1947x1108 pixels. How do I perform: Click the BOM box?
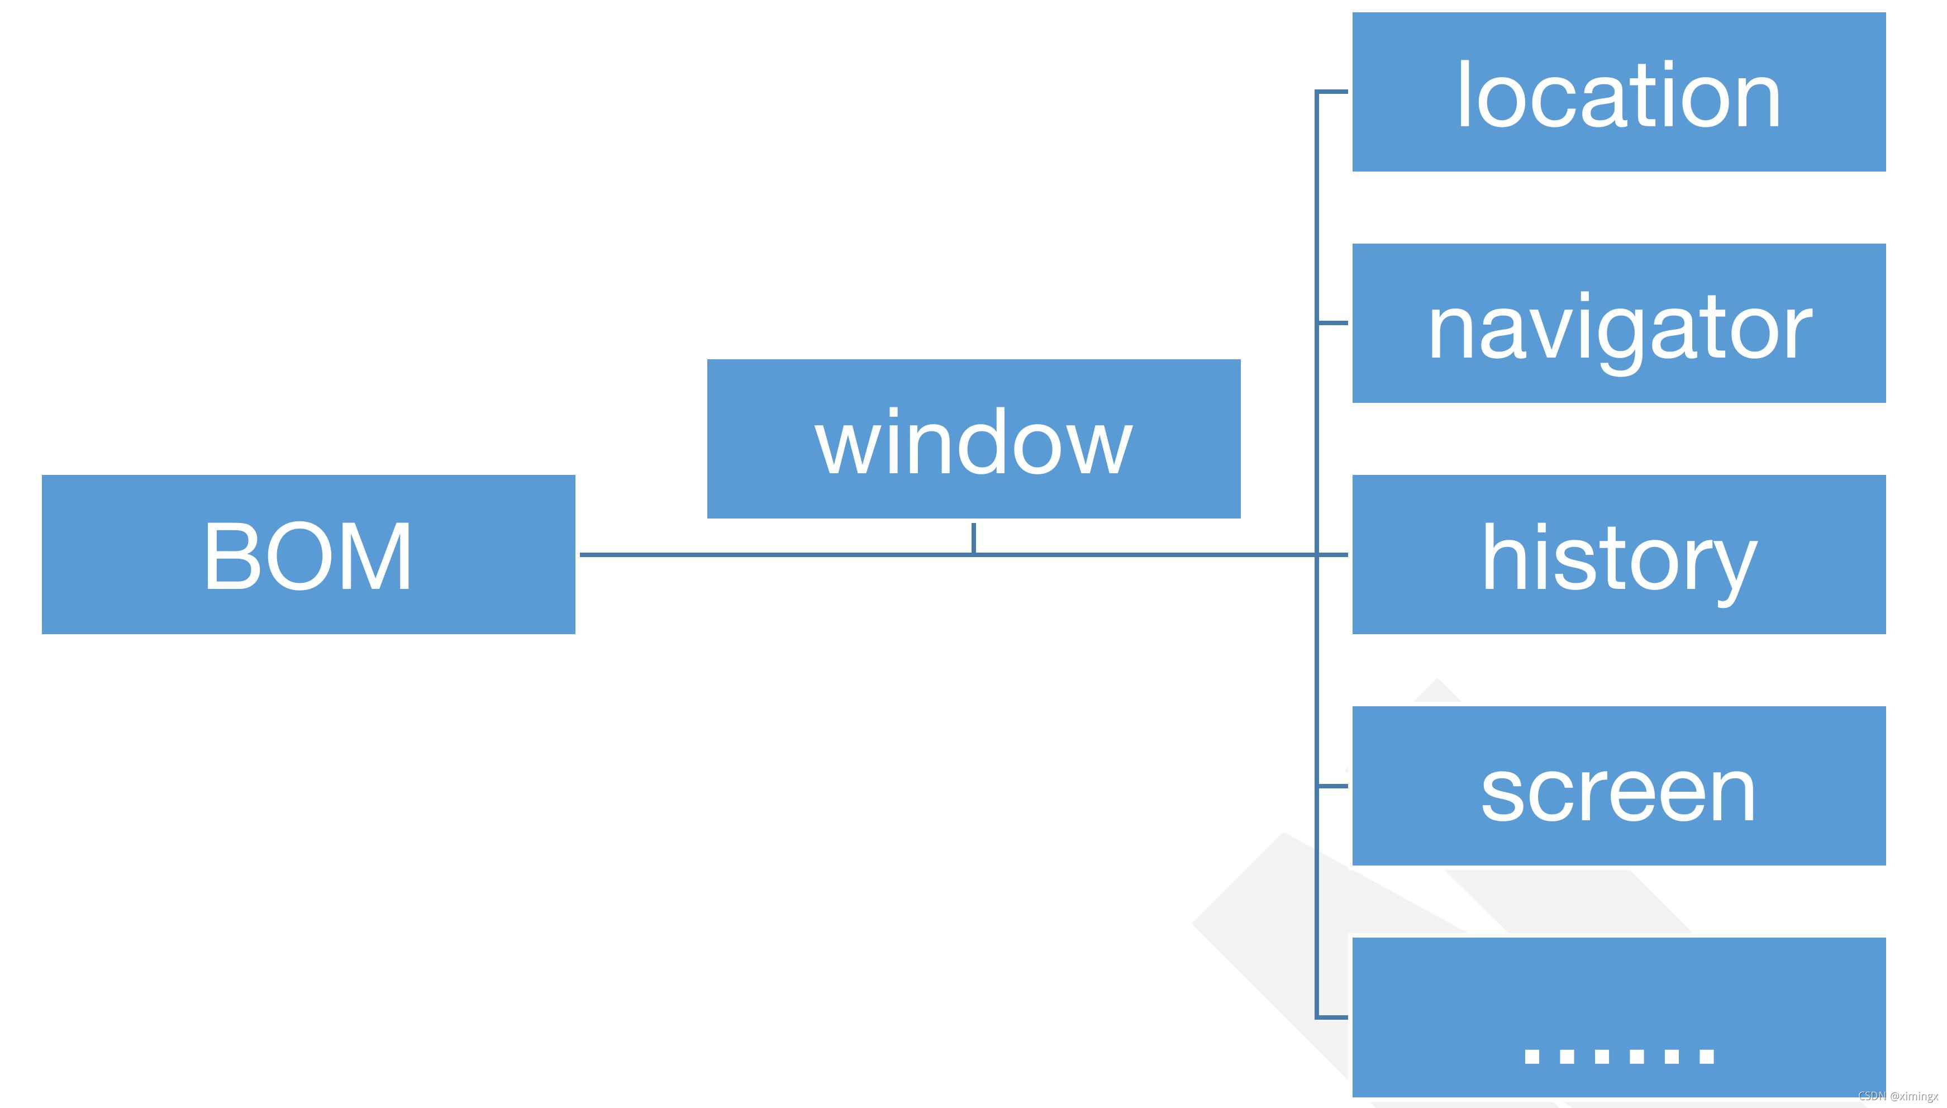pos(308,554)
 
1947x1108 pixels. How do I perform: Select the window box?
pos(973,438)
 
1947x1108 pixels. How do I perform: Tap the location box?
pos(1618,91)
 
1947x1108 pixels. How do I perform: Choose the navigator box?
pos(1618,322)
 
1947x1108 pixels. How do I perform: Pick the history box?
pos(1618,554)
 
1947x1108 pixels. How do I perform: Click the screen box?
pos(1618,786)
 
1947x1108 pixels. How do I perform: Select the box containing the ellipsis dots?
pos(1618,1017)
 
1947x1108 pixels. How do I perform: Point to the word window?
pos(973,443)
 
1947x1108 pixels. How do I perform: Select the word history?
pos(1619,560)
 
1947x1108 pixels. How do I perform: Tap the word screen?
pos(1618,793)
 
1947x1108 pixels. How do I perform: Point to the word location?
pos(1618,97)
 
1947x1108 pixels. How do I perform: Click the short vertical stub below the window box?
pos(973,538)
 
